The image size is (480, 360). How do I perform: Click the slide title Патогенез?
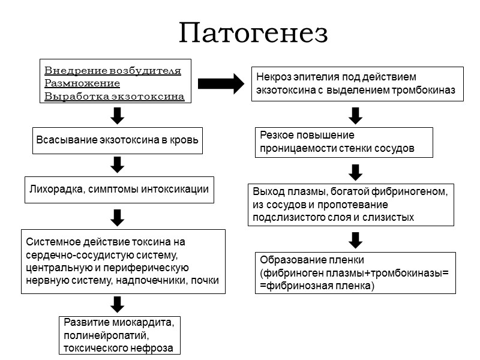(x=253, y=34)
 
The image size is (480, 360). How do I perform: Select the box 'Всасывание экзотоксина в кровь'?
(x=116, y=140)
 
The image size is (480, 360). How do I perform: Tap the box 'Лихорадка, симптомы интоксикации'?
(x=119, y=190)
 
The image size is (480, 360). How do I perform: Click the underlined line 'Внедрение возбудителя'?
(x=113, y=70)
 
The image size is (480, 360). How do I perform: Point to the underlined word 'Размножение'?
(x=82, y=83)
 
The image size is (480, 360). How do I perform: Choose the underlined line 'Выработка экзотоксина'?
(x=115, y=96)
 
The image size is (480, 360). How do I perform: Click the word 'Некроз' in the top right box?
(x=273, y=77)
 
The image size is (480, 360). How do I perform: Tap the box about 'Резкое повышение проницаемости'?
(x=344, y=142)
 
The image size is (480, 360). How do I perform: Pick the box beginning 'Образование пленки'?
(x=355, y=273)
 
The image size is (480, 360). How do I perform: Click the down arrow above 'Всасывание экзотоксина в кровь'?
(x=118, y=115)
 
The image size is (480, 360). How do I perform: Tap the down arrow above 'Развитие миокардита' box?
(x=118, y=303)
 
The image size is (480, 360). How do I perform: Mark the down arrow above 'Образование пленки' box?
(x=355, y=239)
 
